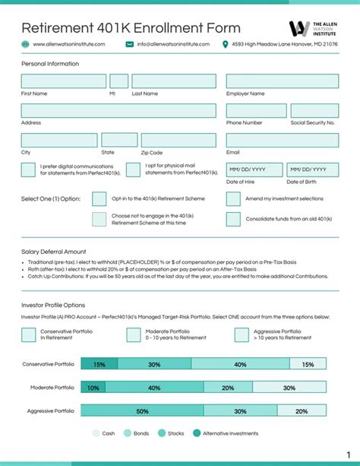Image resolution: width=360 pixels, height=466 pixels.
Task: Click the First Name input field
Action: click(63, 81)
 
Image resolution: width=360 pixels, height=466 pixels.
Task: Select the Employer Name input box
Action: click(282, 81)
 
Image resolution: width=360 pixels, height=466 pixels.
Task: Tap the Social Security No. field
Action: click(314, 111)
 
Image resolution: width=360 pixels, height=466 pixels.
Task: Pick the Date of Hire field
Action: click(254, 170)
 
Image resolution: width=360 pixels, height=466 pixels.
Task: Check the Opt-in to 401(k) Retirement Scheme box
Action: click(99, 199)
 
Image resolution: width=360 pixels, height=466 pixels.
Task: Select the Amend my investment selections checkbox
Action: click(233, 199)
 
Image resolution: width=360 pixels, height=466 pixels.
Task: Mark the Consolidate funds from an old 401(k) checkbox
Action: click(233, 219)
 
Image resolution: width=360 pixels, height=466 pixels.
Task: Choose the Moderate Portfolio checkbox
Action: click(134, 334)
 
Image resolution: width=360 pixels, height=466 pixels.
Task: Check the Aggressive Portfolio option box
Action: click(242, 334)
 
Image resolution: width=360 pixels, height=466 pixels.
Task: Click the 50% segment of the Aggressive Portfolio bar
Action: click(142, 411)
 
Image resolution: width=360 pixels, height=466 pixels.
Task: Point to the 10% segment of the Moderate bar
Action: click(93, 388)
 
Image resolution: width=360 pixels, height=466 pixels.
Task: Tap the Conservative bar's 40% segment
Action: click(240, 364)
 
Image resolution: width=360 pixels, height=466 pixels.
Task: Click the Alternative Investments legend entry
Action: click(225, 433)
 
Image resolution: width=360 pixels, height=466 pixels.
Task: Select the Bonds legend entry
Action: click(137, 433)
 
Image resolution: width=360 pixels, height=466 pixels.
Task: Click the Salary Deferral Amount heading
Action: click(54, 251)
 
